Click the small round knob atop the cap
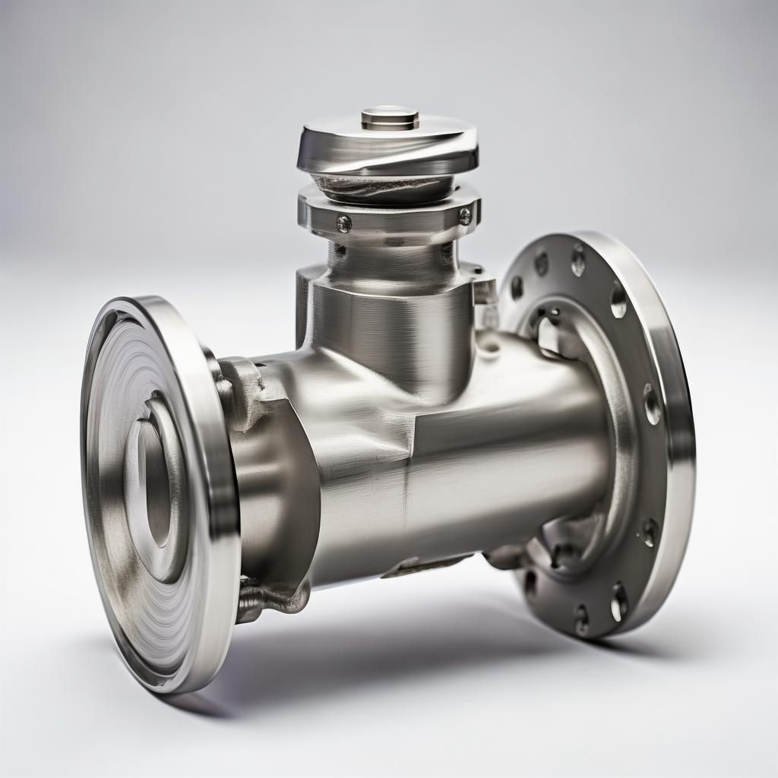coord(389,118)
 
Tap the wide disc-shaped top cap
coord(387,148)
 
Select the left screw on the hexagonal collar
coord(343,223)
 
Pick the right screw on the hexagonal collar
coord(464,217)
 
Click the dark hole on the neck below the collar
coord(340,248)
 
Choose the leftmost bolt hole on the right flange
coord(517,287)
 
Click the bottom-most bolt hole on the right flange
coord(581,620)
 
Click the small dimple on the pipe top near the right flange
coord(489,348)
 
